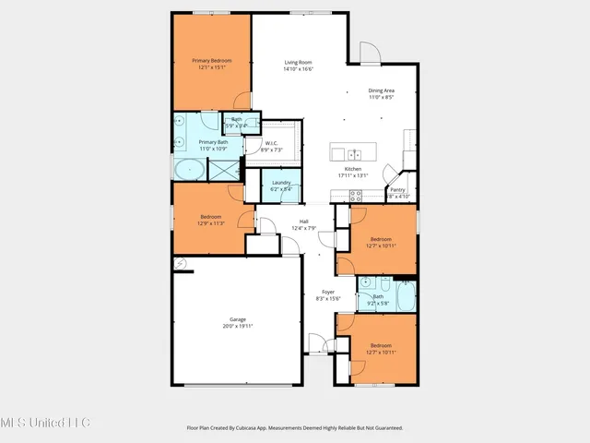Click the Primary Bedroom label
click(211, 61)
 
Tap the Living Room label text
click(299, 61)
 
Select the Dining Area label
click(382, 90)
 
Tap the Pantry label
click(397, 189)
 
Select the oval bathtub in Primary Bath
click(191, 170)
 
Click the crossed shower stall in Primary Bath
click(224, 169)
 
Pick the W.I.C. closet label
click(272, 143)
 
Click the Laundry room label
click(281, 183)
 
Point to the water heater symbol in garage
click(181, 263)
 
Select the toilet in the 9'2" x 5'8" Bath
click(360, 295)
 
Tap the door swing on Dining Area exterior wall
click(369, 52)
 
